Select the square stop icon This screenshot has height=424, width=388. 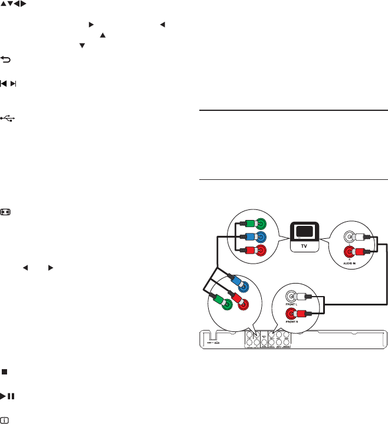point(5,372)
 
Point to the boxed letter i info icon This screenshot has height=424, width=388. point(5,419)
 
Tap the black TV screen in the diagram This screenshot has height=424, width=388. point(305,232)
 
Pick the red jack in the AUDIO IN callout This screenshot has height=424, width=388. point(351,253)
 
